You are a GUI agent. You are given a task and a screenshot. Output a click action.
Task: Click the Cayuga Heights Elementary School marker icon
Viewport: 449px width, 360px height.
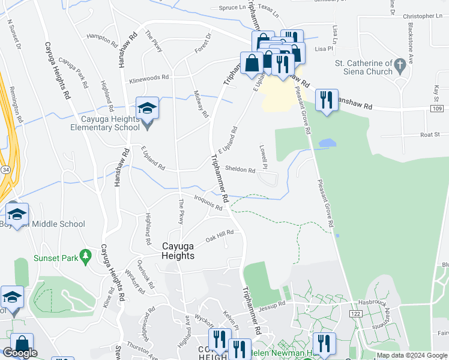[x=147, y=109]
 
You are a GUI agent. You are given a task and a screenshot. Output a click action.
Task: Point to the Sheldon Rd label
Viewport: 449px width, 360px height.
[x=240, y=170]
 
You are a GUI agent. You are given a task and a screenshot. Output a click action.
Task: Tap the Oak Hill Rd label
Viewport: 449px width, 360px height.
[x=219, y=236]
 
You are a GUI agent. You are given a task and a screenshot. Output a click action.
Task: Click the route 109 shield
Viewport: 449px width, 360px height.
[x=438, y=109]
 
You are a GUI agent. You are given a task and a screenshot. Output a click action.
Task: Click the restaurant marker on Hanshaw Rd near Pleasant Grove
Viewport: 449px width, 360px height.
[x=325, y=100]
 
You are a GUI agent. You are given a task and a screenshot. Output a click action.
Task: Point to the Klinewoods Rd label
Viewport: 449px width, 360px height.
[x=149, y=77]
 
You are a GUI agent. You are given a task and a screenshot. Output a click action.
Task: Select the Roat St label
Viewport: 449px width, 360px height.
[x=430, y=135]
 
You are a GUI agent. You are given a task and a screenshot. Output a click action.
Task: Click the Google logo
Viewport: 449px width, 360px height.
[x=20, y=353]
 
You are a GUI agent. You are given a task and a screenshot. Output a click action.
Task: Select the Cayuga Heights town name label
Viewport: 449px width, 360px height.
[x=179, y=251]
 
